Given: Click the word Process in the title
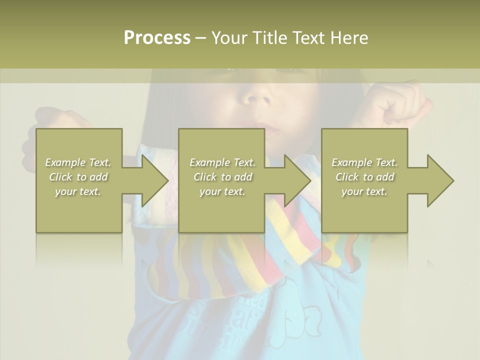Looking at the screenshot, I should click(157, 38).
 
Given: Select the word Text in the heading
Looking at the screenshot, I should click(309, 38).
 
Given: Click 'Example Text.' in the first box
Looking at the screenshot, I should click(78, 162).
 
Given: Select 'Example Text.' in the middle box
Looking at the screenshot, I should click(222, 162).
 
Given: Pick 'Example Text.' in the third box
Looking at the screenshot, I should click(364, 162).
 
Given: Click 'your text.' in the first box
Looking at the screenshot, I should click(78, 191).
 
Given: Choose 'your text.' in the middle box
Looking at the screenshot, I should click(222, 191).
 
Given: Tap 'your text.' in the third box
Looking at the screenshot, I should click(364, 191).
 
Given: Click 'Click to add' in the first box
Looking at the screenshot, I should click(78, 177).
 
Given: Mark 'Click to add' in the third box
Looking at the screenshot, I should click(364, 177).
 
